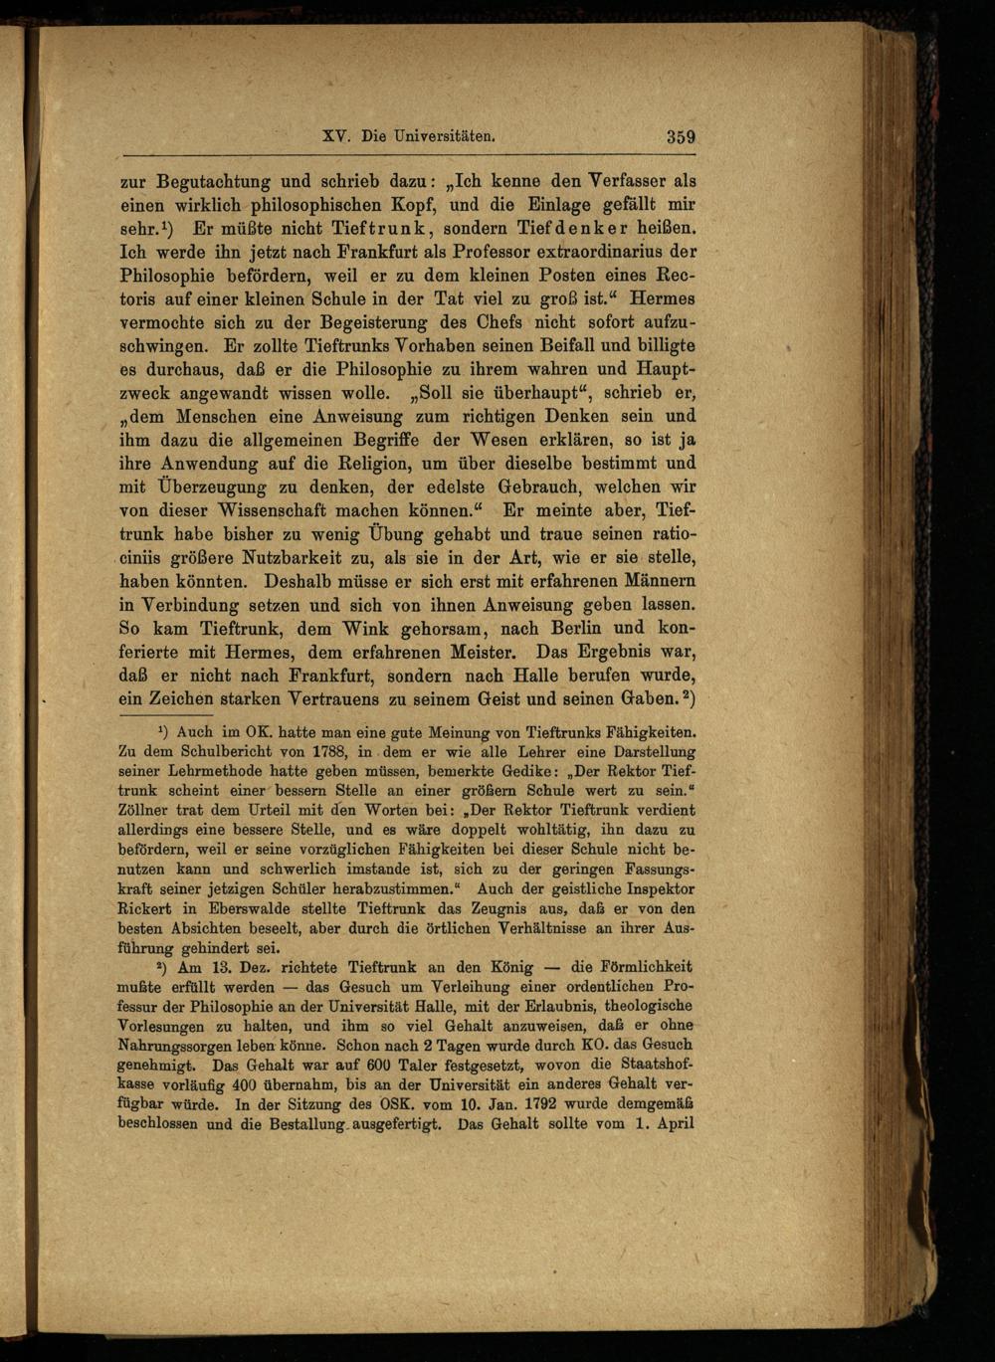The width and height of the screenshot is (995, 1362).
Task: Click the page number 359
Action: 681,137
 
